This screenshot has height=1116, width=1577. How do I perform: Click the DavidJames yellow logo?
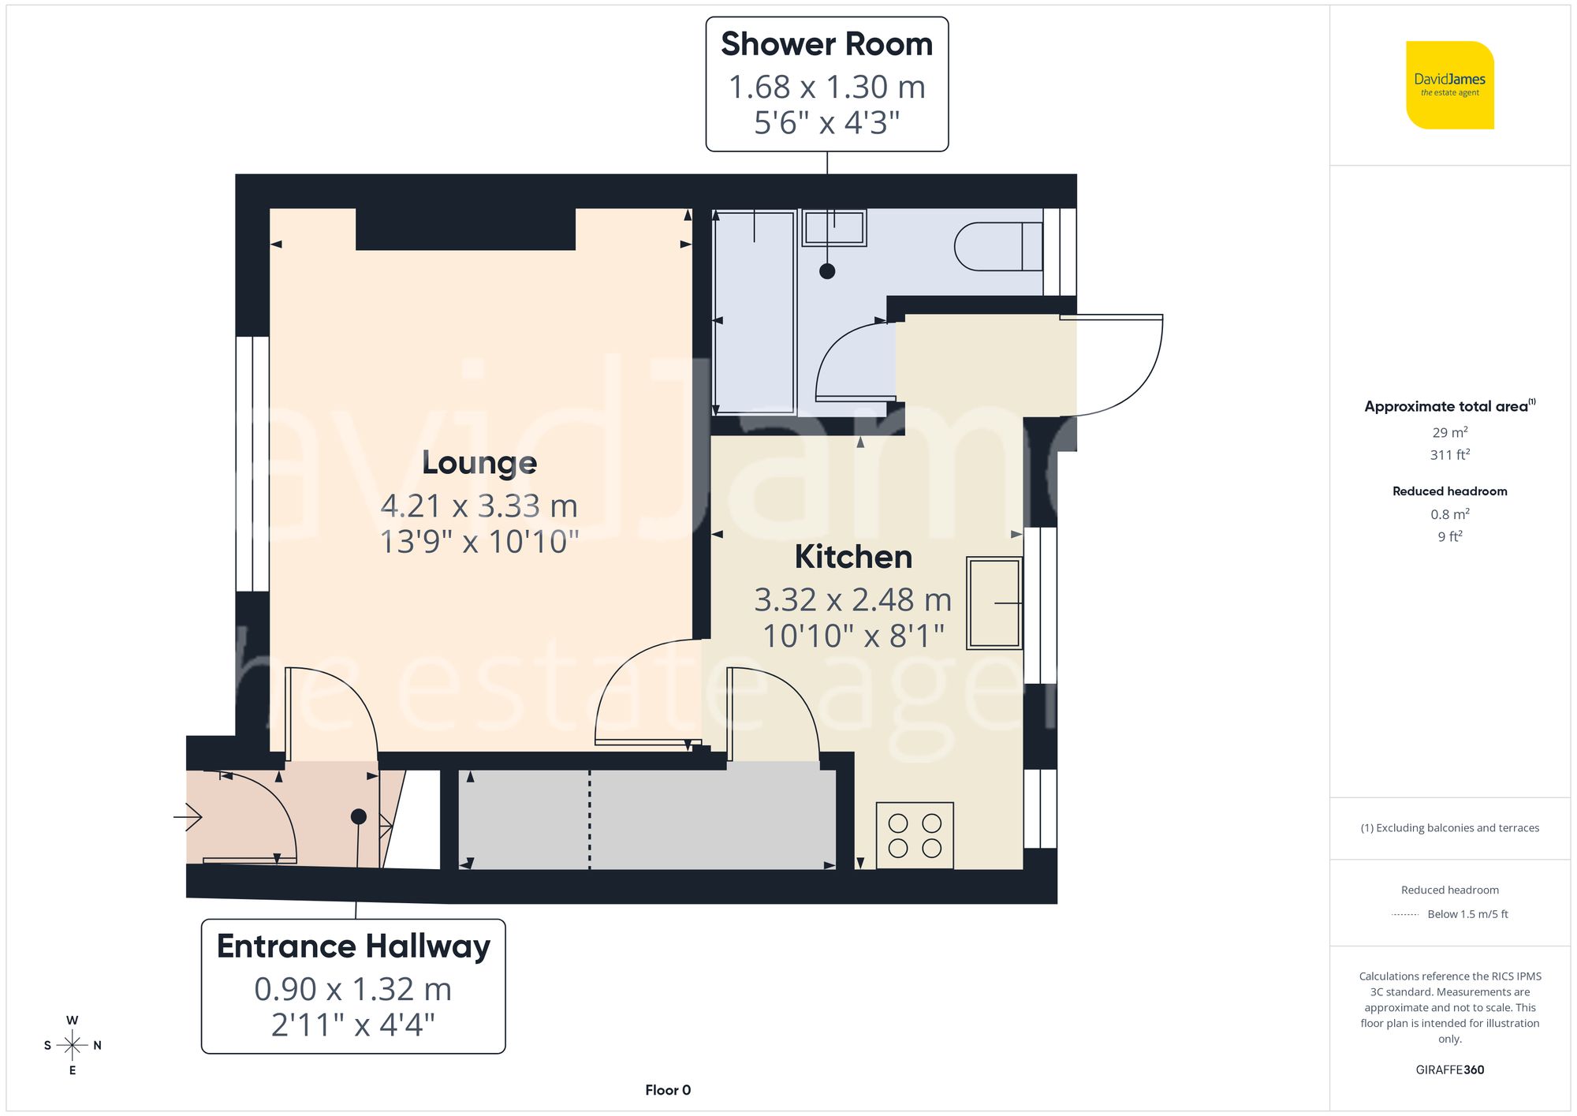[x=1449, y=85]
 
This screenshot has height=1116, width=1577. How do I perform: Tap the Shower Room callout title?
[x=826, y=44]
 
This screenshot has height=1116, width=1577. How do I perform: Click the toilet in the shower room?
[x=997, y=247]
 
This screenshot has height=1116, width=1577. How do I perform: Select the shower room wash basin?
[x=834, y=228]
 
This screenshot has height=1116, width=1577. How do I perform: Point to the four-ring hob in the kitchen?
[x=915, y=835]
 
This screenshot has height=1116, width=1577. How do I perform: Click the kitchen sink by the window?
[x=994, y=603]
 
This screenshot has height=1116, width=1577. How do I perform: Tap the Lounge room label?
[x=479, y=463]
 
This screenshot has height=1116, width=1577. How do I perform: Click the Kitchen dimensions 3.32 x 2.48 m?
[x=853, y=600]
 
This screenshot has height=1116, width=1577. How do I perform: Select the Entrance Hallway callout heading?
[x=353, y=946]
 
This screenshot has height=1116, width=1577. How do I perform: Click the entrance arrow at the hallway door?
[x=188, y=817]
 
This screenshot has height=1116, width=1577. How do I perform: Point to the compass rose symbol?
[x=72, y=1046]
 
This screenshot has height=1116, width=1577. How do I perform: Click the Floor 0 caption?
[x=668, y=1090]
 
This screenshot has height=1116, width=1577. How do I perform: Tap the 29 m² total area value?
[x=1449, y=432]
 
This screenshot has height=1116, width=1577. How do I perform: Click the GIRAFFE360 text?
[x=1449, y=1070]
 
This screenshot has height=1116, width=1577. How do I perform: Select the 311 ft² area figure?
[x=1449, y=455]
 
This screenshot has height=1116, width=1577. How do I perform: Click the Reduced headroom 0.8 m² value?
[x=1449, y=514]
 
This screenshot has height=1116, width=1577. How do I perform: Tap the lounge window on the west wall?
[x=252, y=464]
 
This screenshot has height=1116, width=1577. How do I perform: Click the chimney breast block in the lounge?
[x=465, y=229]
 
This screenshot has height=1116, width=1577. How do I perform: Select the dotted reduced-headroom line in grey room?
[x=589, y=820]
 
